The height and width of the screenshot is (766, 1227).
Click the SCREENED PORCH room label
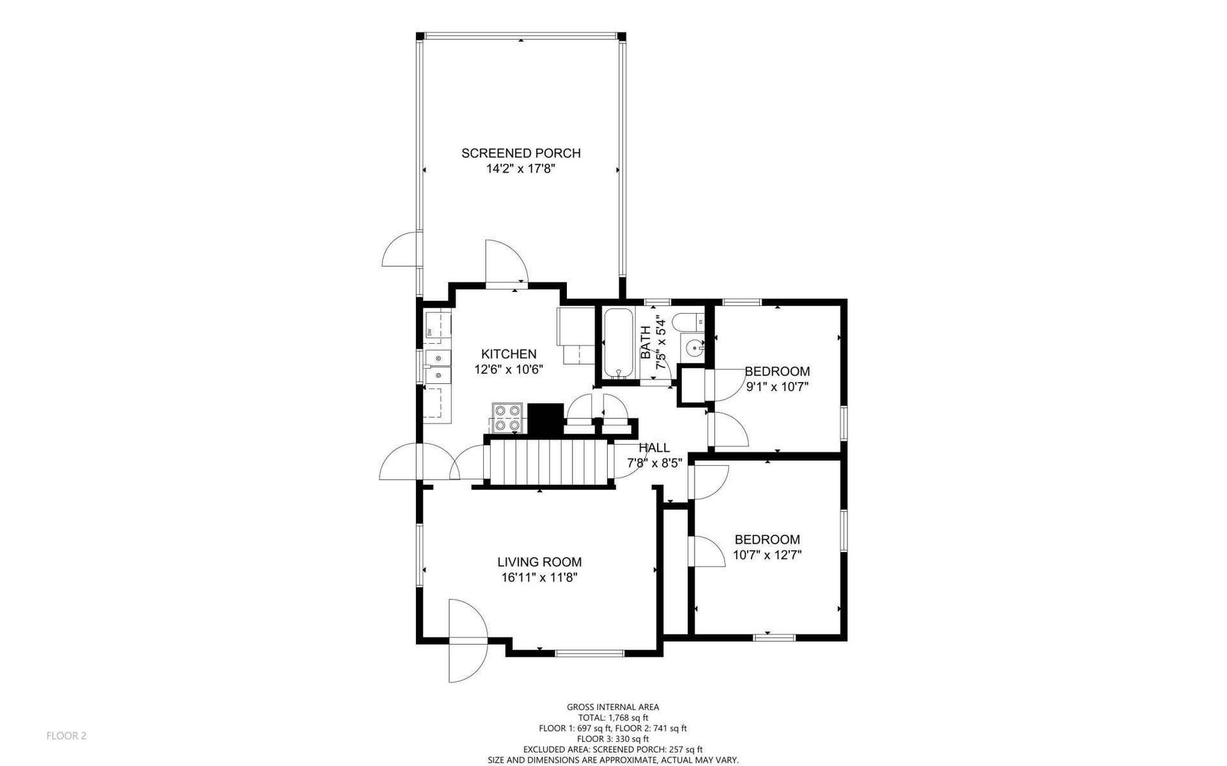[x=521, y=153]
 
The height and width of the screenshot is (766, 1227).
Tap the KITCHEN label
[x=509, y=354]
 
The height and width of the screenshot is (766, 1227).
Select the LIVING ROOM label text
[x=539, y=562]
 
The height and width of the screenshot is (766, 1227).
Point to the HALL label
[x=654, y=448]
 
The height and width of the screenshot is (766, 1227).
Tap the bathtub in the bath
[x=619, y=344]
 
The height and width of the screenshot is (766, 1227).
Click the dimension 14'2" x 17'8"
[x=521, y=169]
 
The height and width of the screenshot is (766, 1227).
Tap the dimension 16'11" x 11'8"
[x=539, y=578]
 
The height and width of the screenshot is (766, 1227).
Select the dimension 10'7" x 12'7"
[x=767, y=555]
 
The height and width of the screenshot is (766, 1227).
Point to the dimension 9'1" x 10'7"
[x=777, y=387]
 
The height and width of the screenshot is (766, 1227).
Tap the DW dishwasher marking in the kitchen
[x=429, y=332]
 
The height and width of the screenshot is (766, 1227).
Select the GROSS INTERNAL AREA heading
[x=613, y=707]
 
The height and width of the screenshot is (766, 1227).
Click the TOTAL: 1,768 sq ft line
[x=613, y=719]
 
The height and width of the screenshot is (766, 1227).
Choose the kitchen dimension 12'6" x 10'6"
[x=509, y=370]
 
